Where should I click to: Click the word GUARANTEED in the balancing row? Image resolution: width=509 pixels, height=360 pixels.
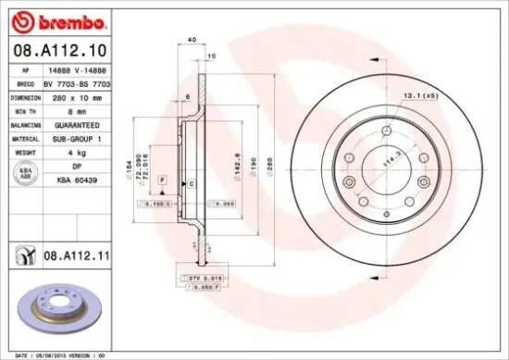pos(69,122)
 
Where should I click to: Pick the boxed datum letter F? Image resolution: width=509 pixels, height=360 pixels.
pos(162,178)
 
